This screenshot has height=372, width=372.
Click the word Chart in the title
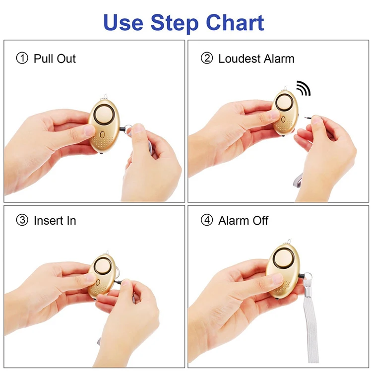tap(235, 23)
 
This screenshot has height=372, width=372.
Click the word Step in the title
tap(175, 24)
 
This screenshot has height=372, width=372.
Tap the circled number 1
tap(22, 59)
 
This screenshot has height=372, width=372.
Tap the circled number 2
tap(207, 59)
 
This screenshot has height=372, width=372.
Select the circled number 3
tap(22, 220)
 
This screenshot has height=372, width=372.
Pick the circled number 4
tap(207, 220)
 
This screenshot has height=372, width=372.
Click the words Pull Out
tap(55, 59)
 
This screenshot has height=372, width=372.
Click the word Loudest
tap(239, 59)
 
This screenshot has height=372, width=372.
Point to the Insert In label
tap(55, 221)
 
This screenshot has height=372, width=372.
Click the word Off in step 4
tap(260, 220)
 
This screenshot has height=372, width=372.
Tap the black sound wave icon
tap(304, 88)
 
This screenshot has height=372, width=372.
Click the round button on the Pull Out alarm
tap(104, 115)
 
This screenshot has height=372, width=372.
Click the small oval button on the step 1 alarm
tap(102, 135)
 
